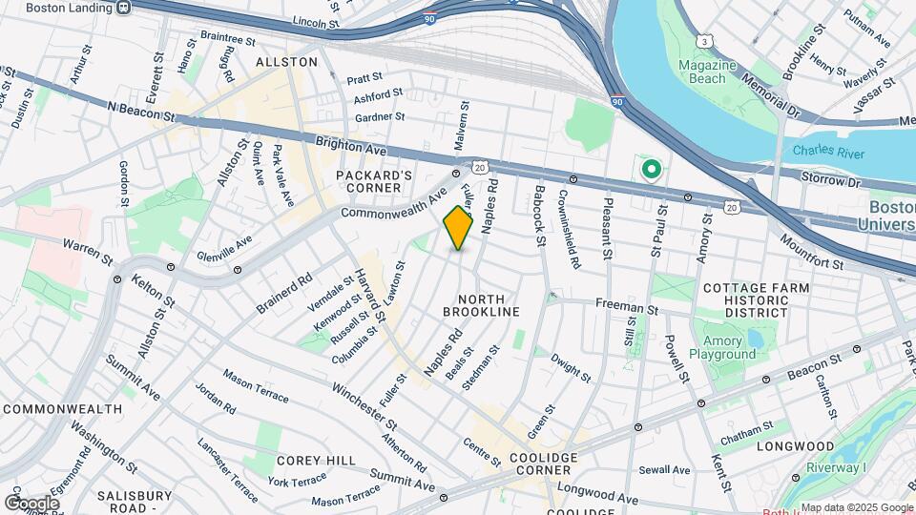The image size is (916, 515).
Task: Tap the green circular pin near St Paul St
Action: click(x=652, y=171)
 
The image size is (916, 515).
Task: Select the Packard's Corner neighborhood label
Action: click(x=374, y=181)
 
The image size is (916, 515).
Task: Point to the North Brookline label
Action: click(x=482, y=304)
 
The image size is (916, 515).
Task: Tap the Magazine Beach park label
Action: click(x=708, y=72)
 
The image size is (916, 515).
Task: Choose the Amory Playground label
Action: click(x=729, y=347)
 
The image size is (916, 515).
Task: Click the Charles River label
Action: click(x=824, y=150)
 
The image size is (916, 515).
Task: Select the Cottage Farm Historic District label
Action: click(x=756, y=299)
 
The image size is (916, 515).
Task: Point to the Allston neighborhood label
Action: click(x=286, y=61)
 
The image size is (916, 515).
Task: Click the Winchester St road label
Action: click(x=364, y=405)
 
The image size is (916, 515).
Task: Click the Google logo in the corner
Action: click(x=31, y=503)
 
